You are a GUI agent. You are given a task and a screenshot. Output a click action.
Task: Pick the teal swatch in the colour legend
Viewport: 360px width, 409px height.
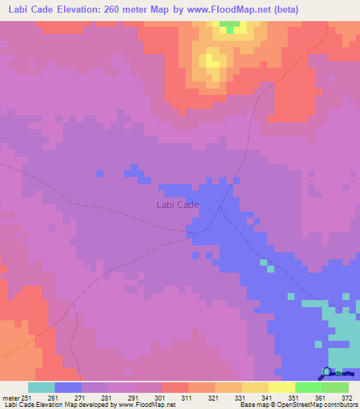41,387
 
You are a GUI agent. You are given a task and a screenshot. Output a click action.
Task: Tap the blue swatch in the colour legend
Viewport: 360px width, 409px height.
68,387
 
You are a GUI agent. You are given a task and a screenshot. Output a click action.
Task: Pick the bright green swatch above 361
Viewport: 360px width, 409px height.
309,387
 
